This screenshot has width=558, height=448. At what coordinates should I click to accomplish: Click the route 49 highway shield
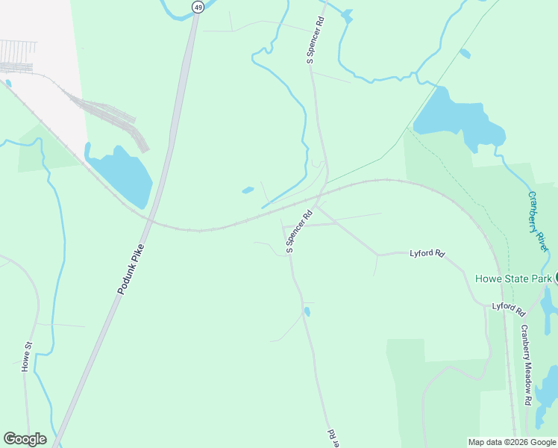point(197,7)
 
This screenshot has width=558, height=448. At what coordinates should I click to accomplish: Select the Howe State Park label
point(513,279)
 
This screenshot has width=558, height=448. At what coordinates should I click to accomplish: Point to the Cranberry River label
point(539,220)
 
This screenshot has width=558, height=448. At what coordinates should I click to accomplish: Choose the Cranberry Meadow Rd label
point(526,364)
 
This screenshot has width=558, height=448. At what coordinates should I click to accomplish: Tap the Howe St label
point(28,357)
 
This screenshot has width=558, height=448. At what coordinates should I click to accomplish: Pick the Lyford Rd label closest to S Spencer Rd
point(427,254)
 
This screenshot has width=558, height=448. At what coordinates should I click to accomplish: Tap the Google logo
point(25,439)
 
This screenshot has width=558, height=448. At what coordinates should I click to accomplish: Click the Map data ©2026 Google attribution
point(512,442)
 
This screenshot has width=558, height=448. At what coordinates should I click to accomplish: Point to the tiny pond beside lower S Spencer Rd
point(307,311)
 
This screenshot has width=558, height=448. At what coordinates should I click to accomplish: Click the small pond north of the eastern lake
point(465,53)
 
